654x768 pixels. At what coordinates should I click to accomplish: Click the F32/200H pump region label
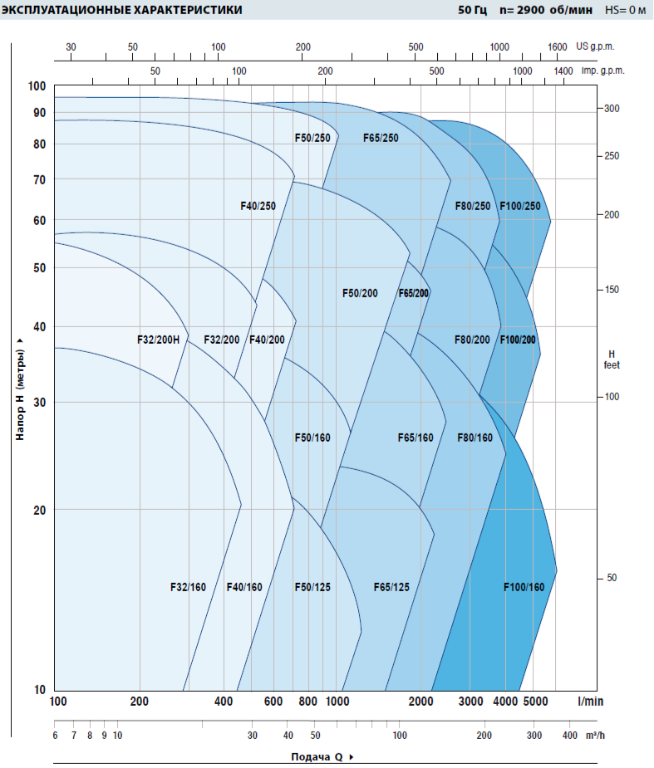tap(158, 340)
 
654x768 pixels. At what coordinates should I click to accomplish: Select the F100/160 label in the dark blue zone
tap(524, 588)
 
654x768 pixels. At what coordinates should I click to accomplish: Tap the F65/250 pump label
tap(381, 138)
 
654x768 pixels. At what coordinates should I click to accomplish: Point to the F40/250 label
tap(257, 206)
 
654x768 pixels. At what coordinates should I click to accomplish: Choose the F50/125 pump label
tap(312, 588)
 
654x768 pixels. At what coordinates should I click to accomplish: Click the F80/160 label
tap(475, 438)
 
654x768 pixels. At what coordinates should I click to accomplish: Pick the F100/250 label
tap(520, 206)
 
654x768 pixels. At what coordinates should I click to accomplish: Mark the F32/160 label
tap(188, 588)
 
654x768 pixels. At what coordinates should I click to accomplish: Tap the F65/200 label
tap(413, 293)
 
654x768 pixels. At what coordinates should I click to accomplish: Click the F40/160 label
tap(244, 588)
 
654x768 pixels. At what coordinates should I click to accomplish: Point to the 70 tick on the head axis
tap(39, 180)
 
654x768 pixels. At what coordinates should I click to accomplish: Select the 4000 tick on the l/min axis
tap(505, 702)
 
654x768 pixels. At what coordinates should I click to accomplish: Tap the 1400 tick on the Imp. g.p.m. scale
tap(563, 71)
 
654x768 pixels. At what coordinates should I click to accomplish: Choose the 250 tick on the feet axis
tap(612, 156)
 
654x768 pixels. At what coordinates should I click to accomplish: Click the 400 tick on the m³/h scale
tap(570, 736)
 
